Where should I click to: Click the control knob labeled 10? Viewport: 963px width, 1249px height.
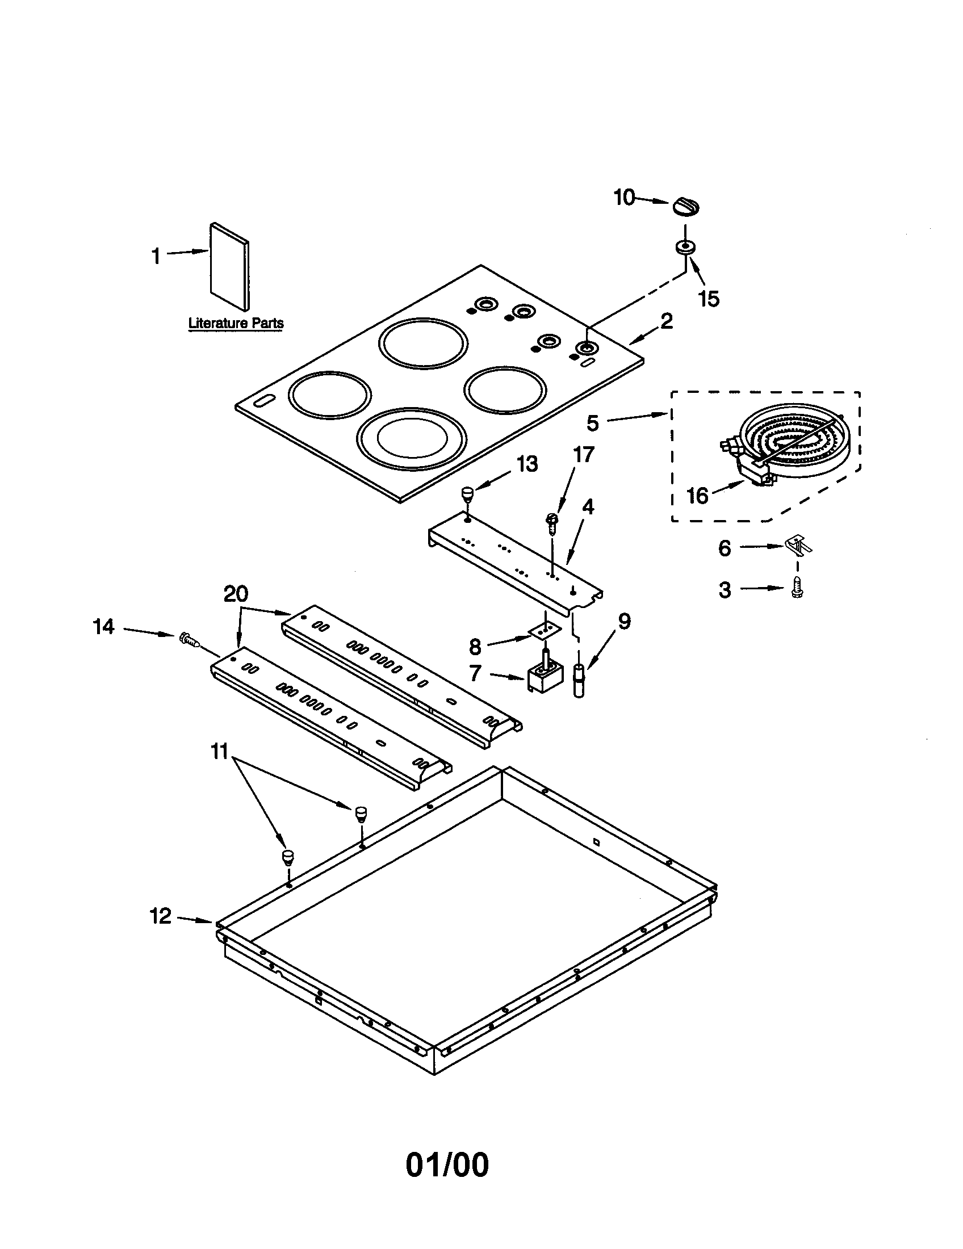pyautogui.click(x=685, y=207)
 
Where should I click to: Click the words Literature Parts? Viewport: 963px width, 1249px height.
pyautogui.click(x=236, y=323)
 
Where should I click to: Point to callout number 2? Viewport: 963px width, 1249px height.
pyautogui.click(x=666, y=321)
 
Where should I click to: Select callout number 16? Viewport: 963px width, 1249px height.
pyautogui.click(x=697, y=496)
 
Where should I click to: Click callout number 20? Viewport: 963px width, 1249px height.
pyautogui.click(x=236, y=594)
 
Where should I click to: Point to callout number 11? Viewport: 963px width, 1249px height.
pyautogui.click(x=220, y=751)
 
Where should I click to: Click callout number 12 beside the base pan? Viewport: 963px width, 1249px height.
pyautogui.click(x=161, y=916)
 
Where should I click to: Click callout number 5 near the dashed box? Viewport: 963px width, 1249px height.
pyautogui.click(x=592, y=423)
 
